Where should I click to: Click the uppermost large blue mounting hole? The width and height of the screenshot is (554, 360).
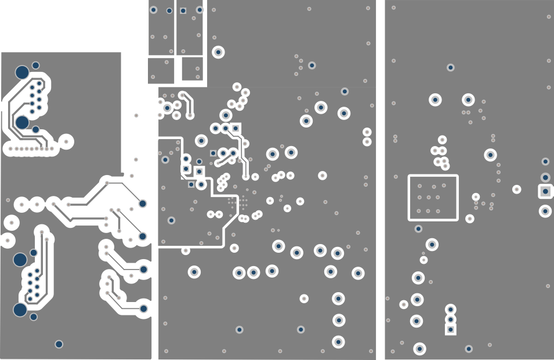pos(21,72)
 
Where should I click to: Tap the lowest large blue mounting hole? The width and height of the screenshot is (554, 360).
pos(20,310)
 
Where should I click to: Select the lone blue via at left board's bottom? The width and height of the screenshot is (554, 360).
pos(59,344)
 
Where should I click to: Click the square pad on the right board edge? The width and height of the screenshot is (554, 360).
pos(545,191)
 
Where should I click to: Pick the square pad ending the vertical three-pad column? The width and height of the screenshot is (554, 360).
pos(451,329)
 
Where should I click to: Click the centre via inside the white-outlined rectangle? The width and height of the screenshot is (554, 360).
pos(429,198)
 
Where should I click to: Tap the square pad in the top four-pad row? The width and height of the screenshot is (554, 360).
pos(183,10)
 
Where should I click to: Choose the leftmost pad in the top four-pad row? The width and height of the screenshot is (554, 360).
pos(153,10)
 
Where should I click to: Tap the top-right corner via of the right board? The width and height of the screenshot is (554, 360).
pos(549,17)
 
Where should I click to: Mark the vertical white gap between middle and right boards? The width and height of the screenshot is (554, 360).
pos(381,180)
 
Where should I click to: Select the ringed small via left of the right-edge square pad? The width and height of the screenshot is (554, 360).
pos(516,190)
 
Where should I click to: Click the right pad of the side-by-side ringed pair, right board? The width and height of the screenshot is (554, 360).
pos(468,100)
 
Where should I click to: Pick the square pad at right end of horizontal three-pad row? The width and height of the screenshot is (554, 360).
pos(236,128)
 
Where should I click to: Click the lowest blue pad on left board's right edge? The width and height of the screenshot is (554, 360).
pos(143,308)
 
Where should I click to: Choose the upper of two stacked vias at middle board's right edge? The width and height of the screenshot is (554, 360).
pos(367,132)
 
